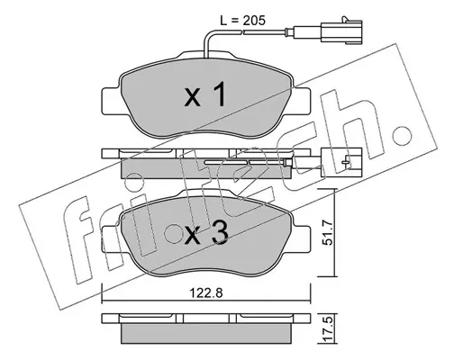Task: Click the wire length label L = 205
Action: coord(242,21)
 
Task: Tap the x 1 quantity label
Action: coord(205,94)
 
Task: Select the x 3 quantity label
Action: coord(206,234)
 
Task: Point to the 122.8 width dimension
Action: coord(206,292)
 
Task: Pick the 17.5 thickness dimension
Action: coord(329,329)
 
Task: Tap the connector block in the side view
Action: coord(341,162)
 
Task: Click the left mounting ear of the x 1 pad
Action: coord(112,101)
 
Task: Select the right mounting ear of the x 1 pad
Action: coord(301,101)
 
